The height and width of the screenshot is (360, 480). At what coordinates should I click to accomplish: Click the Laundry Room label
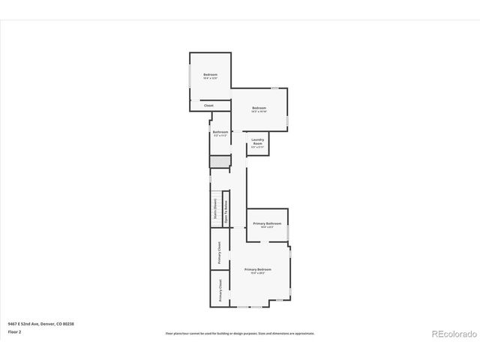(x=257, y=142)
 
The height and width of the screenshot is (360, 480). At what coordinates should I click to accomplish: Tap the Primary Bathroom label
(x=267, y=223)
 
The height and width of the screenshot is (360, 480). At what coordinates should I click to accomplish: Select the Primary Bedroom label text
(x=258, y=269)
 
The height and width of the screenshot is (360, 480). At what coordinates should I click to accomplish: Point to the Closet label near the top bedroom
(x=208, y=106)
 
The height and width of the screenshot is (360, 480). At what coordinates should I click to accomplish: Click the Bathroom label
(x=220, y=132)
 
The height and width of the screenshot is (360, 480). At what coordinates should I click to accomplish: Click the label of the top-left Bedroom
(x=210, y=74)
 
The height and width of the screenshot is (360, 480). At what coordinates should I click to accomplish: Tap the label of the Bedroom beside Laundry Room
(x=259, y=108)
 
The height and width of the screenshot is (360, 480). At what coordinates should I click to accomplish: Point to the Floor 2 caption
(x=15, y=331)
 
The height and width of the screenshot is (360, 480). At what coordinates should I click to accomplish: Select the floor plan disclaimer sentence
(x=240, y=334)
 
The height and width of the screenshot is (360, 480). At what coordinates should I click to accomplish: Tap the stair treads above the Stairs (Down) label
(x=214, y=183)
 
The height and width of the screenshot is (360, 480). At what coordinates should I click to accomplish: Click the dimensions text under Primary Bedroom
(x=258, y=273)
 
